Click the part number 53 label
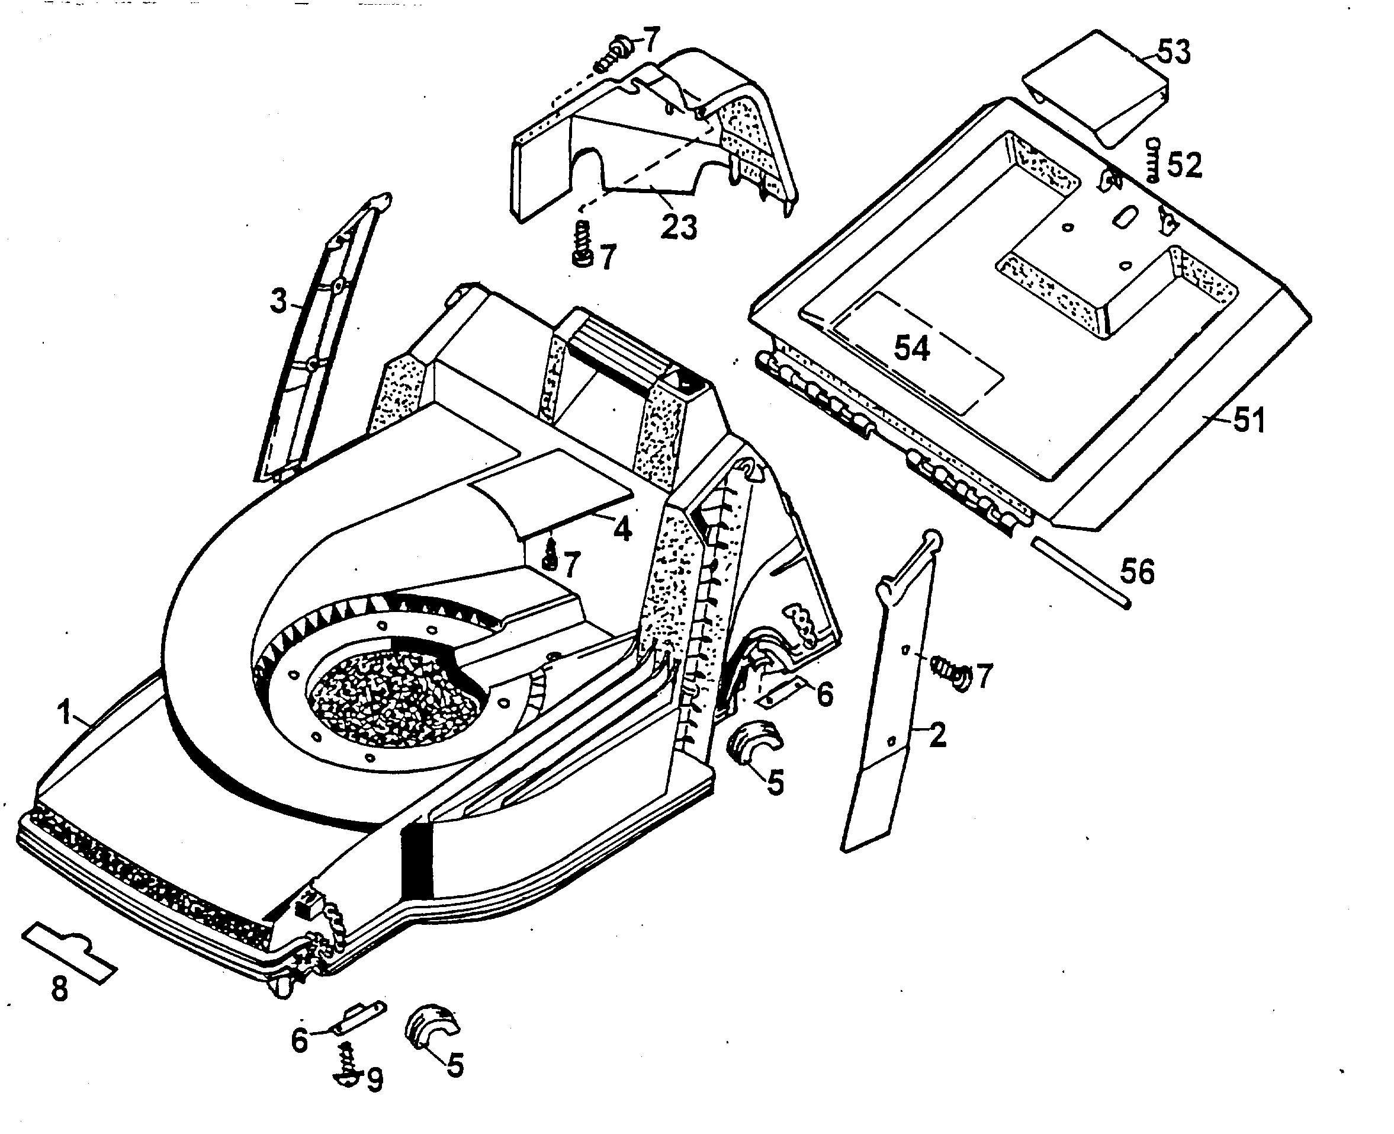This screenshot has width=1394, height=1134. coord(1173,52)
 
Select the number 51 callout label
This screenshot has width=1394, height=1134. coord(1248,419)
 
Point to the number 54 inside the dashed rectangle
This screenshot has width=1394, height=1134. coord(911,348)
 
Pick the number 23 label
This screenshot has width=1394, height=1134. coord(679,228)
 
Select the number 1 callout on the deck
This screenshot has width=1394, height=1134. coord(64,713)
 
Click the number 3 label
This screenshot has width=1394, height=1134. coord(279,301)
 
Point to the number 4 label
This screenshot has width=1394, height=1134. coord(622,528)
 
